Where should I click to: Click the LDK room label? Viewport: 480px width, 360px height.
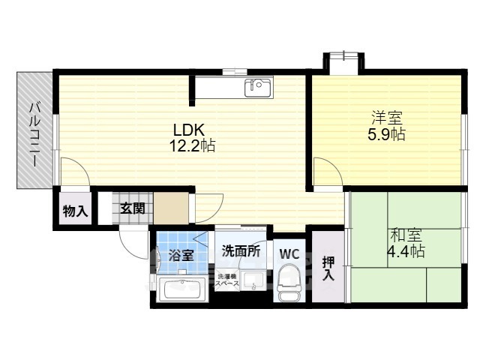point(189,130)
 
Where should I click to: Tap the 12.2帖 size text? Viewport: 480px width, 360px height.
point(192,145)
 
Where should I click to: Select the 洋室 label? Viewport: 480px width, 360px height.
point(387,117)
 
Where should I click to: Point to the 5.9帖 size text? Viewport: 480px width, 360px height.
point(386,134)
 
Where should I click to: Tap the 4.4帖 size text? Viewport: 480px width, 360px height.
point(406,252)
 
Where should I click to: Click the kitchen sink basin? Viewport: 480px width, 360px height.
point(257,88)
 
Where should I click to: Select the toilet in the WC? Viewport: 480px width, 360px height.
point(288,283)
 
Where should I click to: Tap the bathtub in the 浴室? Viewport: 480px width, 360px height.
point(182,289)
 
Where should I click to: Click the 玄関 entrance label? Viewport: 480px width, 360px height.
point(132,208)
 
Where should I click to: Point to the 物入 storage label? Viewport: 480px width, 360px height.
point(75,211)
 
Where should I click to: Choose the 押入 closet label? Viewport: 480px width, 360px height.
point(328,268)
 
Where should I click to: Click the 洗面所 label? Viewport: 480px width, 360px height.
point(241,251)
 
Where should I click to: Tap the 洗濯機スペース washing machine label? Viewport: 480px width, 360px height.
point(227,280)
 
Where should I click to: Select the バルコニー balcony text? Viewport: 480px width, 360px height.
point(35,135)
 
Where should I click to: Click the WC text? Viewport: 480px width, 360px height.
point(289,254)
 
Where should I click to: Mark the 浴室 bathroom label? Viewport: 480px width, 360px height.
point(181,255)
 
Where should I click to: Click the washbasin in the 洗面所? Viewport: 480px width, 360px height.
point(253,280)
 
